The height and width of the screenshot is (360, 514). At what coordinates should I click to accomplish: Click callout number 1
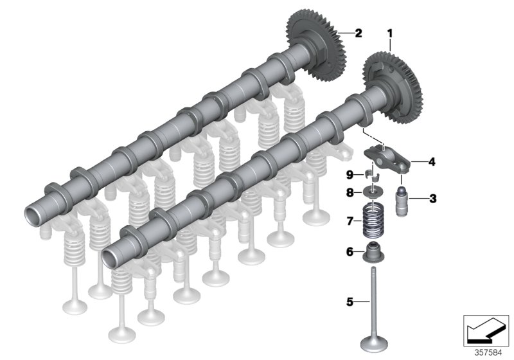tap(389, 31)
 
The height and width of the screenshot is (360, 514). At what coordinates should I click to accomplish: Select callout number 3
tap(432, 199)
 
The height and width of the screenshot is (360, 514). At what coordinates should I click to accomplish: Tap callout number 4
tap(432, 163)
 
